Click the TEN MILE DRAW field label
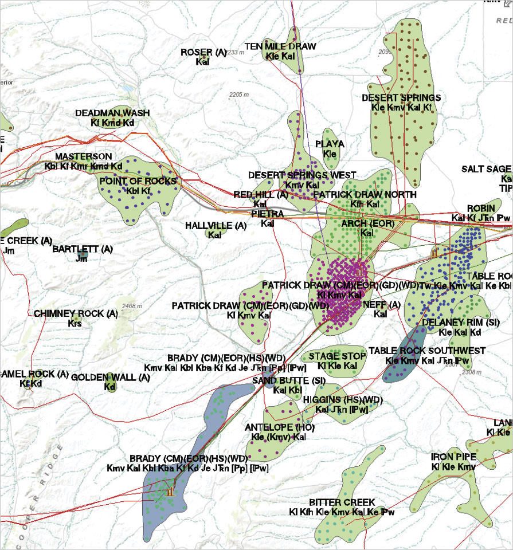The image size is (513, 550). [280, 46]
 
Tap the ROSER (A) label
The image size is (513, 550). [204, 52]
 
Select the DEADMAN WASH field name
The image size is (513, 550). [112, 113]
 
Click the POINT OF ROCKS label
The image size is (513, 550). [138, 181]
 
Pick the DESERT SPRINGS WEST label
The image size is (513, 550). [302, 175]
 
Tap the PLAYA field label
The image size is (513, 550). [330, 144]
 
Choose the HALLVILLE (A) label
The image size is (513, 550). [216, 226]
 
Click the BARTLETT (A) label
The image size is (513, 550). [83, 249]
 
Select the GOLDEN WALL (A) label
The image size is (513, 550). [111, 378]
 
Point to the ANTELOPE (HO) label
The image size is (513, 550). [280, 427]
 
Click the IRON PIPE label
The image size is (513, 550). [453, 457]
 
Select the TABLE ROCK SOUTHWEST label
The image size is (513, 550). [427, 351]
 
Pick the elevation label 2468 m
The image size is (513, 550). [132, 307]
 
